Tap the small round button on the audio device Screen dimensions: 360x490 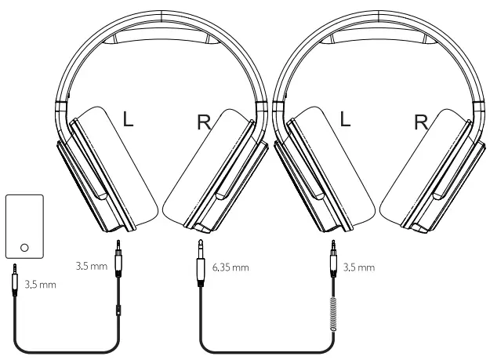tap(24, 247)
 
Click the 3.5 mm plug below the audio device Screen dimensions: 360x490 tap(16, 280)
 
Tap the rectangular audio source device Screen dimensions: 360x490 tap(24, 227)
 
